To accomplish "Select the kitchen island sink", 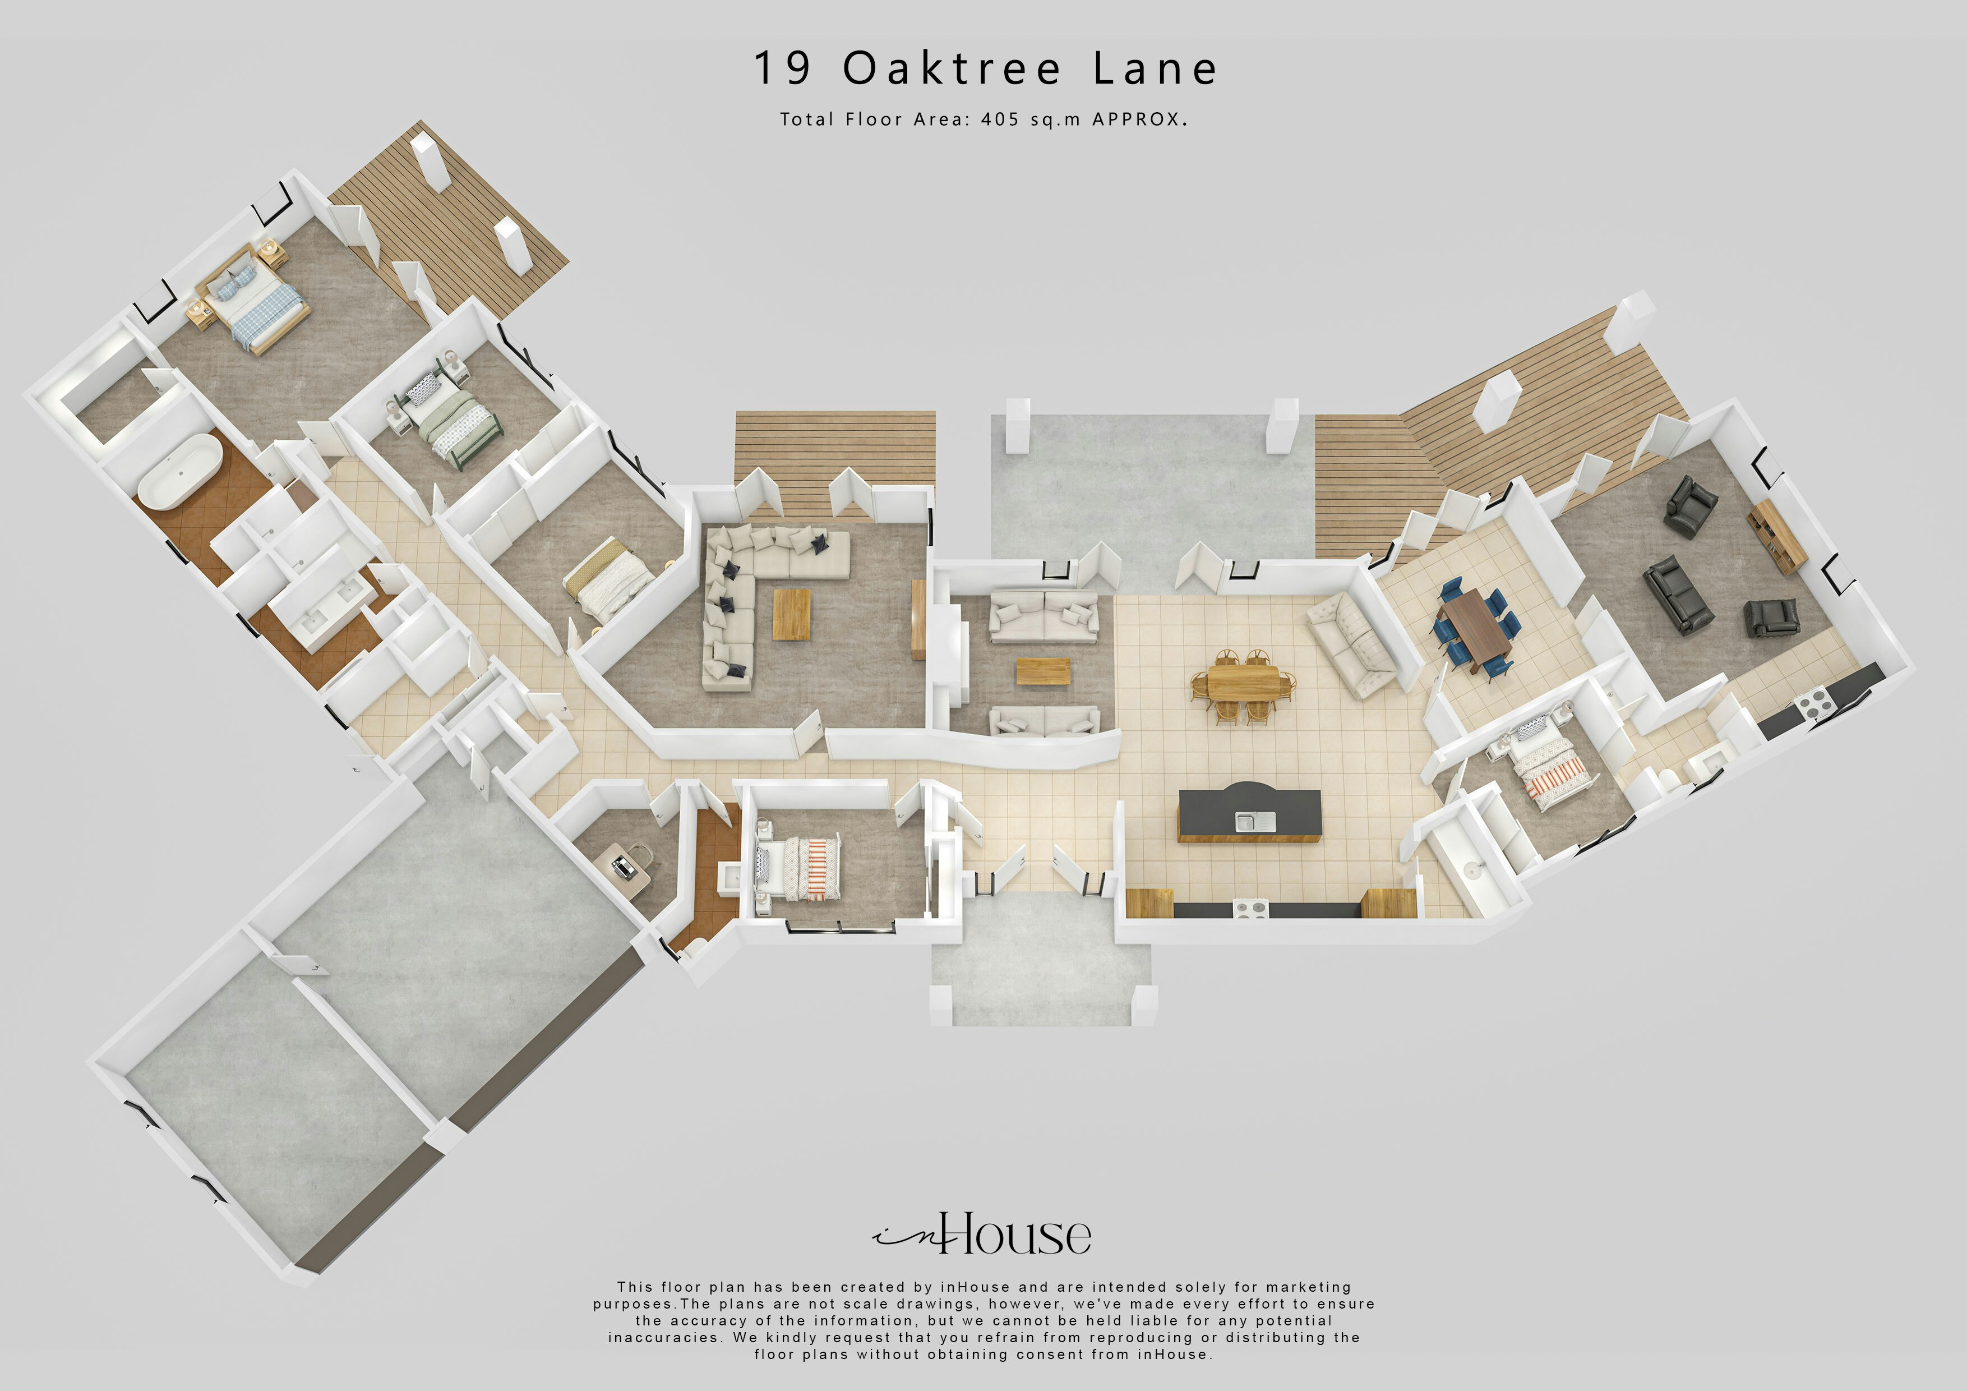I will [1255, 822].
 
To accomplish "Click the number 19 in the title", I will [782, 68].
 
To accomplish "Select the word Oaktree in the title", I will [951, 68].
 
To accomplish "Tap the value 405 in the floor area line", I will [1000, 120].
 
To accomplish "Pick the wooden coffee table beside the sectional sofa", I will [792, 614].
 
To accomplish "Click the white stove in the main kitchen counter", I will [1249, 908].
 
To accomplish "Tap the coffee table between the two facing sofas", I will [1042, 671].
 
